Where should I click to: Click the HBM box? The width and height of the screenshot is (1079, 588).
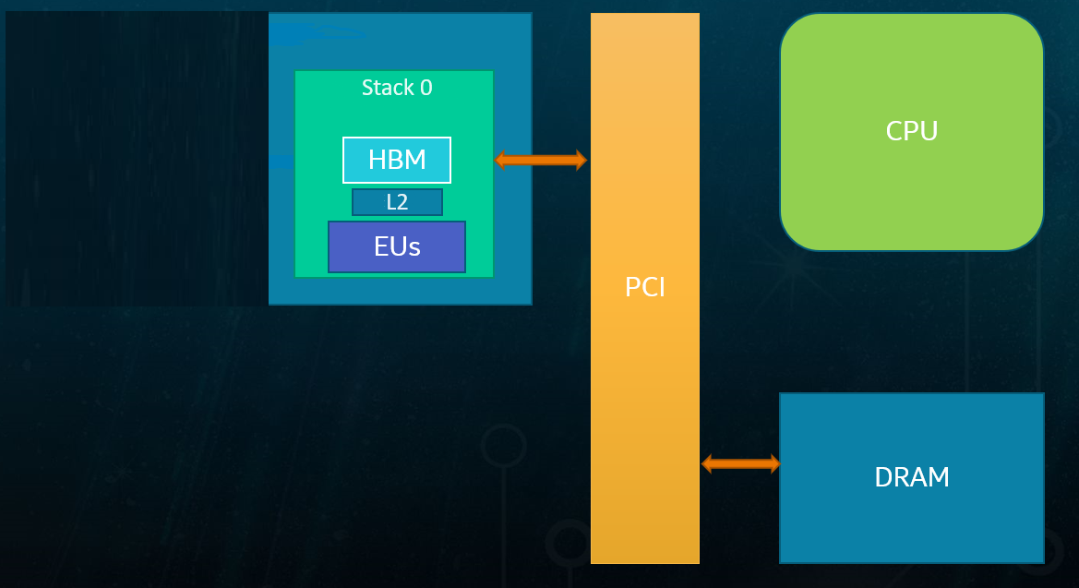point(397,160)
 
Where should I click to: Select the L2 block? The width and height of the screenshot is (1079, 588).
point(397,202)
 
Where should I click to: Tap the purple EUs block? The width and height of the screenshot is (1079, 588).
point(397,246)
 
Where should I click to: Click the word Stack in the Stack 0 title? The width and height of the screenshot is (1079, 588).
point(388,88)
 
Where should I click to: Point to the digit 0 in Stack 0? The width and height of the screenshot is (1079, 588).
point(426,88)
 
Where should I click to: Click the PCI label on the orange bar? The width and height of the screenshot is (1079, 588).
point(645,287)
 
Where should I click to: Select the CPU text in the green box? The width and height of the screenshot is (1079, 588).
point(912,131)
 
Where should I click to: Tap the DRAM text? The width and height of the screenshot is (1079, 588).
point(912,477)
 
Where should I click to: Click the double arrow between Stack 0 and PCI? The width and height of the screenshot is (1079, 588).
point(541,160)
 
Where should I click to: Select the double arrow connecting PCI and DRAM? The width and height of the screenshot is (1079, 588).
point(741,463)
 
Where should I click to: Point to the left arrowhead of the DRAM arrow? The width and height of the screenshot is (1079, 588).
point(708,463)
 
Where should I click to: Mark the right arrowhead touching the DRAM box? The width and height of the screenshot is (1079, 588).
point(774,463)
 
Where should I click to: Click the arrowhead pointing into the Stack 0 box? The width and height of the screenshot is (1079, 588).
point(501,160)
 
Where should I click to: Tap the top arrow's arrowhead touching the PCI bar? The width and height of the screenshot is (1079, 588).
point(581,160)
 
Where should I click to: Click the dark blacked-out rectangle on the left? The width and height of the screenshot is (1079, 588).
point(137,158)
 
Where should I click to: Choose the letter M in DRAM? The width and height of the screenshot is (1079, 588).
point(939,477)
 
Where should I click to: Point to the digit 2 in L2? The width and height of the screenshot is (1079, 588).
point(402,202)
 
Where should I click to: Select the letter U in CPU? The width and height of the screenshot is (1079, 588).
point(929,131)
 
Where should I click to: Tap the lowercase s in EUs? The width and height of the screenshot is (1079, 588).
point(414,247)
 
